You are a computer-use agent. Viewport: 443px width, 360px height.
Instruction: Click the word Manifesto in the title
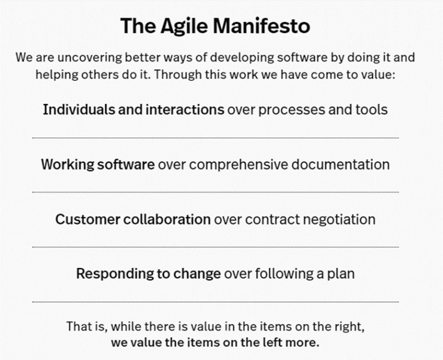click(261, 25)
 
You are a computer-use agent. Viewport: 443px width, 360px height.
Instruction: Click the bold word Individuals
click(79, 109)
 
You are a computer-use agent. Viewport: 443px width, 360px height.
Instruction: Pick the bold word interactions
click(185, 109)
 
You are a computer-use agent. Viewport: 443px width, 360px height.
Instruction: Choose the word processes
click(292, 110)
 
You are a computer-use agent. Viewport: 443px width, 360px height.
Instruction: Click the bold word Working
click(68, 164)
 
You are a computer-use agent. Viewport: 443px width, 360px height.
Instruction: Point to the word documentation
click(341, 164)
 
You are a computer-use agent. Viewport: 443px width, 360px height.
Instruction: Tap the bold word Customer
click(88, 219)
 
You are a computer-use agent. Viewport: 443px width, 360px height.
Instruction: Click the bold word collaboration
click(167, 219)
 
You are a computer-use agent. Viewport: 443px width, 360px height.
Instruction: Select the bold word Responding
click(115, 274)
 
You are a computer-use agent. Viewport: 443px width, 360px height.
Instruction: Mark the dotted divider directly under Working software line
click(215, 192)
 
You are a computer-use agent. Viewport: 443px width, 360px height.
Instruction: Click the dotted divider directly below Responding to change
click(215, 302)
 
